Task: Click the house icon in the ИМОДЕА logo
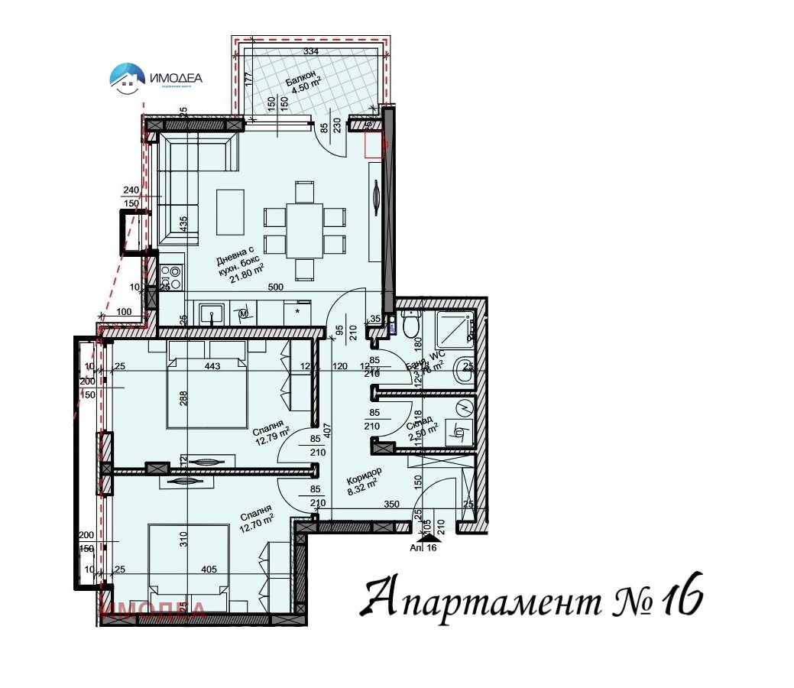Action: [x=127, y=76]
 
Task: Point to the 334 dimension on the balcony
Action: [x=310, y=51]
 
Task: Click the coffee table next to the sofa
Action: [x=231, y=212]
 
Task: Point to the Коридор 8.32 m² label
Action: [x=363, y=480]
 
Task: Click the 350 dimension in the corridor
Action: [x=393, y=505]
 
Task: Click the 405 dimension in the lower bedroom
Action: [x=209, y=569]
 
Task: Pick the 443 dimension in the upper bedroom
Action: [x=212, y=367]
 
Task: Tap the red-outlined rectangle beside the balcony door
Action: [x=375, y=144]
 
